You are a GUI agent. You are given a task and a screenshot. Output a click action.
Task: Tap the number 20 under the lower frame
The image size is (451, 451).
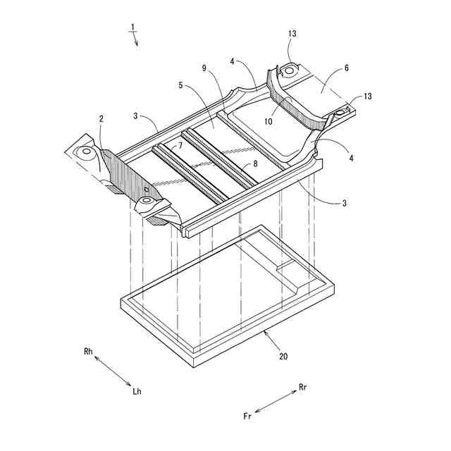(283, 357)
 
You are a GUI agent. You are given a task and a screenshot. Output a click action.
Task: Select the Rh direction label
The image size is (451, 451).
(88, 351)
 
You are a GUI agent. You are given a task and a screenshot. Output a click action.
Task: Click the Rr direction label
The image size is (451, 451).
(303, 387)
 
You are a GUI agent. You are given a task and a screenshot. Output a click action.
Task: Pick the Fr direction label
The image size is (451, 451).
(247, 416)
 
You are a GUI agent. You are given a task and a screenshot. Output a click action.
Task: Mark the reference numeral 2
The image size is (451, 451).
(101, 119)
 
